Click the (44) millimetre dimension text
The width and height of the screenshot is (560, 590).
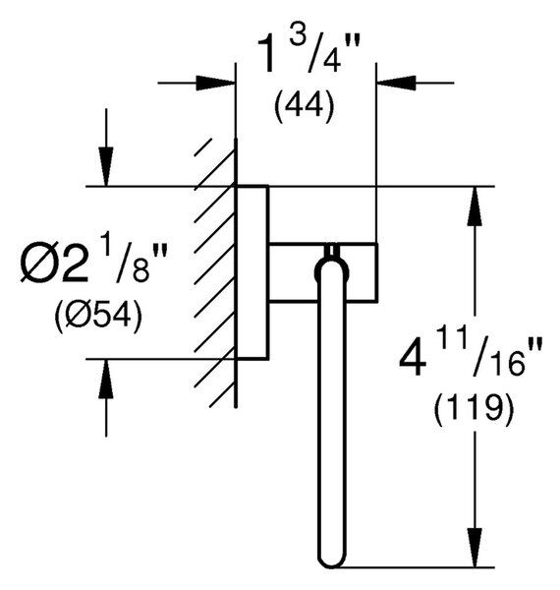tap(304, 106)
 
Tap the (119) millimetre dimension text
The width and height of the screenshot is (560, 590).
tap(474, 409)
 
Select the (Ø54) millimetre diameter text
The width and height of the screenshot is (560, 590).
tap(98, 316)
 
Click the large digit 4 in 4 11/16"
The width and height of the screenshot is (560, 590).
tap(413, 357)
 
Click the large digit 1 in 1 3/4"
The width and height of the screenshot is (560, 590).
tap(270, 53)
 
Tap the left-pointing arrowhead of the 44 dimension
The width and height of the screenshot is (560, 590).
tap(397, 83)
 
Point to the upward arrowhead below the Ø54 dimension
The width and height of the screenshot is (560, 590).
tap(106, 379)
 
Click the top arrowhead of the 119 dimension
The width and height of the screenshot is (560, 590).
tap(475, 206)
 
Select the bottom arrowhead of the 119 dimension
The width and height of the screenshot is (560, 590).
tap(475, 548)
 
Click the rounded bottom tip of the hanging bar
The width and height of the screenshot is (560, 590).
tap(331, 566)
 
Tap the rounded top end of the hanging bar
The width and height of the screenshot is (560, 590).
tap(331, 260)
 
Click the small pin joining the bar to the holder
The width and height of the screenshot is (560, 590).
tap(331, 251)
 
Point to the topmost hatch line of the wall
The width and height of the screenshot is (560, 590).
tap(203, 147)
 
